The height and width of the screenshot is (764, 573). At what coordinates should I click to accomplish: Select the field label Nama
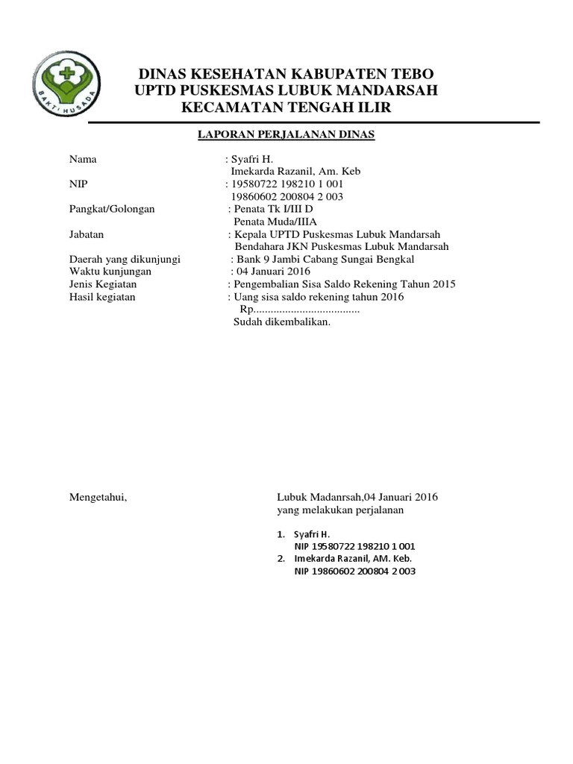click(x=83, y=160)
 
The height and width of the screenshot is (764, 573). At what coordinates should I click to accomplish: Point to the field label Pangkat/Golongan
click(x=112, y=209)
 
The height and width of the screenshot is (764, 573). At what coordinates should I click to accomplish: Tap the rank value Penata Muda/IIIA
click(x=275, y=222)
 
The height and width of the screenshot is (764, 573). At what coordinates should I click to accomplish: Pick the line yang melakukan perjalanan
click(x=340, y=510)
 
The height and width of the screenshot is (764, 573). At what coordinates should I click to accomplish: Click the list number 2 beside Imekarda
click(x=281, y=558)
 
